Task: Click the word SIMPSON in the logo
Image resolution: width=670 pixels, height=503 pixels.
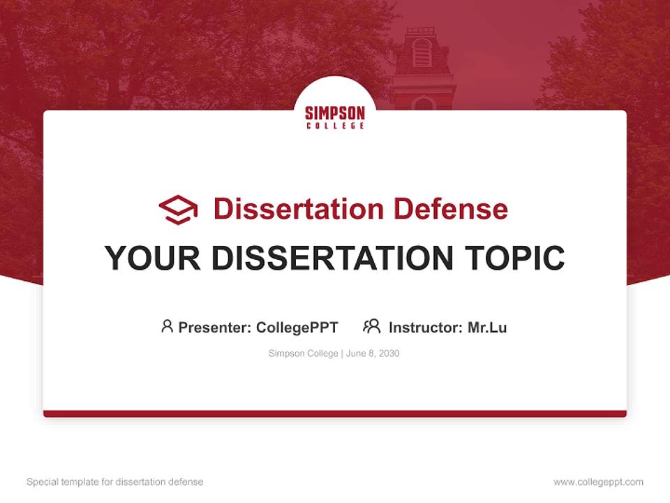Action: point(335,113)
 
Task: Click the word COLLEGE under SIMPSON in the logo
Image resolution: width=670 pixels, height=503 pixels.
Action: point(335,126)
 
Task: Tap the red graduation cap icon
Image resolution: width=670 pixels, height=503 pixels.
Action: point(178,210)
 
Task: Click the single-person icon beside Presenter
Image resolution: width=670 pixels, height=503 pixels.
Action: point(167,326)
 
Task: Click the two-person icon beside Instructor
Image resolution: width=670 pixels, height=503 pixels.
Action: point(372,326)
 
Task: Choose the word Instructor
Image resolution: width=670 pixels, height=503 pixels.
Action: point(424,327)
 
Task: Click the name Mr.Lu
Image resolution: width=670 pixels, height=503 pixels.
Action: point(487,327)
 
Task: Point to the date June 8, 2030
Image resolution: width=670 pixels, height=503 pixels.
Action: point(373,353)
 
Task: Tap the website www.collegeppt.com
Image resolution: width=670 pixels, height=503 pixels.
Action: point(598,482)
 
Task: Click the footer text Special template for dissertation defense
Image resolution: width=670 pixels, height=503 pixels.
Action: point(115,482)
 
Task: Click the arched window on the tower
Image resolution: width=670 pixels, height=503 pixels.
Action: point(422,52)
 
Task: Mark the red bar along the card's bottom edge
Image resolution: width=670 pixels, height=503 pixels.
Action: point(335,414)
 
